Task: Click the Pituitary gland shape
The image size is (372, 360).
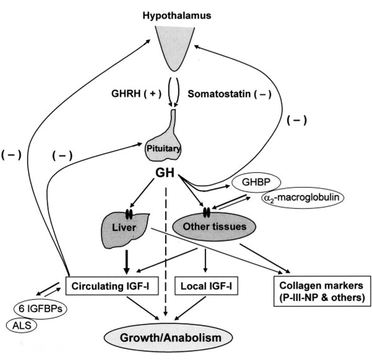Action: [163, 146]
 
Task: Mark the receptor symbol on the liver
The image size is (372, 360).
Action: [129, 215]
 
